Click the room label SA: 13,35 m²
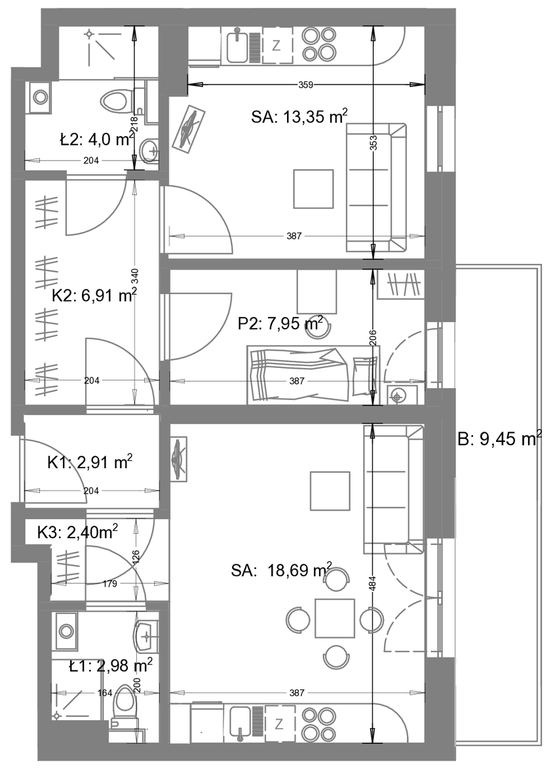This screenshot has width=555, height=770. click(299, 117)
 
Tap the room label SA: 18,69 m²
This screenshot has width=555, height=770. click(282, 570)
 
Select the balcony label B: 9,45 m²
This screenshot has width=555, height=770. click(499, 438)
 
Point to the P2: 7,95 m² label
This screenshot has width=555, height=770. click(280, 323)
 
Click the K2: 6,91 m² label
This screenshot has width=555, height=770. click(94, 295)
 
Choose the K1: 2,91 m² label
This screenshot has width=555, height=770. click(90, 462)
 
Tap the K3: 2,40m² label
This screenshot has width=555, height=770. click(78, 532)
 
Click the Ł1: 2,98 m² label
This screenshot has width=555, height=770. click(111, 666)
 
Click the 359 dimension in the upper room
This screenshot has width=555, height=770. click(306, 85)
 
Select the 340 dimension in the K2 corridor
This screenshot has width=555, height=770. click(135, 276)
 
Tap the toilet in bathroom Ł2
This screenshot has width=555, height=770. click(117, 101)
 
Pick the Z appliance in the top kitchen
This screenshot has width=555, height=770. click(277, 46)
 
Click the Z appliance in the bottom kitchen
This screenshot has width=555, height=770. click(279, 724)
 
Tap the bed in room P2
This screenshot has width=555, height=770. click(314, 375)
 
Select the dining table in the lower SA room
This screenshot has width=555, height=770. click(335, 618)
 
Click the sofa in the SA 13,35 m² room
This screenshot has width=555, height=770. click(377, 187)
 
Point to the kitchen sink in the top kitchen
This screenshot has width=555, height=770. click(237, 46)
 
